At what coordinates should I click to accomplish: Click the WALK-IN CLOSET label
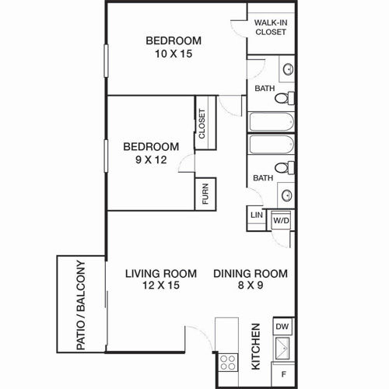click(271, 27)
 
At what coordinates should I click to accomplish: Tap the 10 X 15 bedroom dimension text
click(173, 54)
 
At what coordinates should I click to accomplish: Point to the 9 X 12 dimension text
click(151, 159)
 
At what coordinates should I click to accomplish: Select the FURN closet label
click(205, 194)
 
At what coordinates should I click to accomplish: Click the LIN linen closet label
click(257, 215)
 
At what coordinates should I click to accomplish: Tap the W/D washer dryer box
click(282, 220)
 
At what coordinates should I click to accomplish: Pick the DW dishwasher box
click(282, 326)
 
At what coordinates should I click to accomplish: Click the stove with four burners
click(228, 363)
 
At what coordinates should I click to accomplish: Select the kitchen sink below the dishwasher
click(282, 349)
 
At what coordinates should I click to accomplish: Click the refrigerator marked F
click(283, 374)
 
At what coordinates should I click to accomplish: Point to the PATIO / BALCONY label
click(81, 305)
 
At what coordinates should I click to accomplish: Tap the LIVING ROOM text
click(161, 274)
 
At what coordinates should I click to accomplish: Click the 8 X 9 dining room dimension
click(251, 286)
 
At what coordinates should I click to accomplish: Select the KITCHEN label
click(256, 346)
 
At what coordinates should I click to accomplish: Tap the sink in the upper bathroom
click(288, 69)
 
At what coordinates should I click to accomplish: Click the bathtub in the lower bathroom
click(272, 145)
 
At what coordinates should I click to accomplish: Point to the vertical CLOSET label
click(202, 124)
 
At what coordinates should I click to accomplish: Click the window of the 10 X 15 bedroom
click(106, 61)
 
